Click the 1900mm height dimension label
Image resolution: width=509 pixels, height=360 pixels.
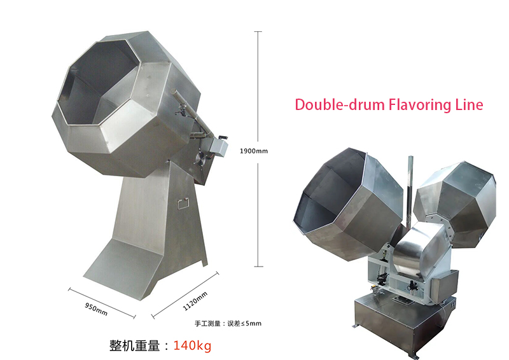253,151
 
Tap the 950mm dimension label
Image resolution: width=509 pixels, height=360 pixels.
96,309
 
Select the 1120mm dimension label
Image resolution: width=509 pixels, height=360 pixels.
195,301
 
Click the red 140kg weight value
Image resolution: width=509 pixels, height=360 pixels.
192,345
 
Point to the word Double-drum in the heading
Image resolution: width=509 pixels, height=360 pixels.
339,105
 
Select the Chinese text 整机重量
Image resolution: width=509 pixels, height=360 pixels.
134,345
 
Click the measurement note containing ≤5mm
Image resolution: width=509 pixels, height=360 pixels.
228,323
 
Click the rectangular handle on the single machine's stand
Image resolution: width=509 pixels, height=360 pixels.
183,203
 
